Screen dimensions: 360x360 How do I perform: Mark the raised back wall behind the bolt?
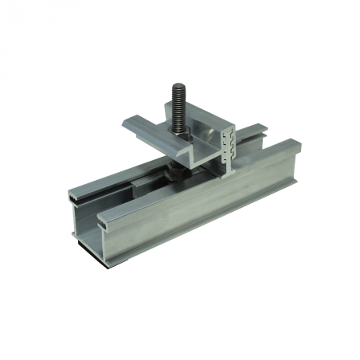tap(199, 119)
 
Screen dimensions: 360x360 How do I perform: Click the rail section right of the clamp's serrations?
tap(263, 147)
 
